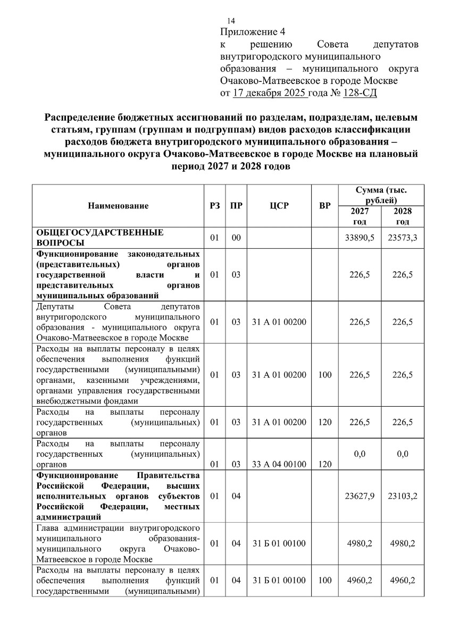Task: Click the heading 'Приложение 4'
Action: (x=248, y=31)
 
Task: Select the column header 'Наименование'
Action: (x=118, y=205)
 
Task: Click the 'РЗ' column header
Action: (x=215, y=205)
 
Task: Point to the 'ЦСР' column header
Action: (x=279, y=205)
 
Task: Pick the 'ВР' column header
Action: (x=325, y=205)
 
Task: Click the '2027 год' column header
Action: (x=360, y=216)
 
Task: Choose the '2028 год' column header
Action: (x=403, y=216)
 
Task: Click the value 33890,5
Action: (x=360, y=237)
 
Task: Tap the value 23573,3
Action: (x=403, y=237)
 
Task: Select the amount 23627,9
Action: (x=360, y=496)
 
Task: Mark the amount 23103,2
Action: (x=403, y=496)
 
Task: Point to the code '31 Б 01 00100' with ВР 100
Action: (x=279, y=580)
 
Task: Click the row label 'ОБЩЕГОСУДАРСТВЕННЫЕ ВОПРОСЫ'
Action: (x=100, y=237)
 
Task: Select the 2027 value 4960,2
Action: (x=360, y=580)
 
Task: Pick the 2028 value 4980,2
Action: (x=403, y=543)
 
